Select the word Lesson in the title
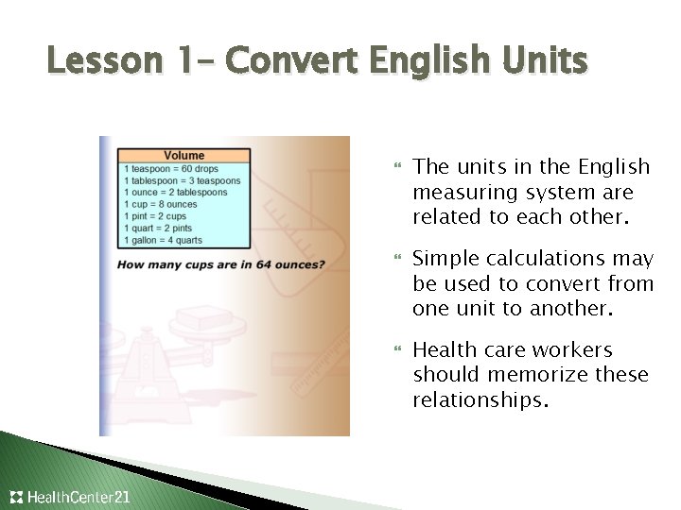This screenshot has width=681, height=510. [x=105, y=60]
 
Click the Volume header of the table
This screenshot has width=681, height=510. [x=183, y=155]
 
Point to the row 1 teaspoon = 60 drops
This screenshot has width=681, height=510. [x=170, y=168]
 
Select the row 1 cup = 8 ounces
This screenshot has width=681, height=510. [x=161, y=204]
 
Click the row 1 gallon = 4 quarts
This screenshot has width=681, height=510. [x=164, y=240]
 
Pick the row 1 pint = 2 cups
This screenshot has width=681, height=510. [x=157, y=216]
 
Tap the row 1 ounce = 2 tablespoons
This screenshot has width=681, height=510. [x=176, y=193]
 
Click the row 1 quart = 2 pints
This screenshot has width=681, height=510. [x=158, y=228]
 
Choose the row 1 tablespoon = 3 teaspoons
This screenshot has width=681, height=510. [x=183, y=180]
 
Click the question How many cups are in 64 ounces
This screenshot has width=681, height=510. [x=221, y=264]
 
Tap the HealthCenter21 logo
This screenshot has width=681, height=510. [x=70, y=497]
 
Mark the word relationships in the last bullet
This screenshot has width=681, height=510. [x=480, y=400]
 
